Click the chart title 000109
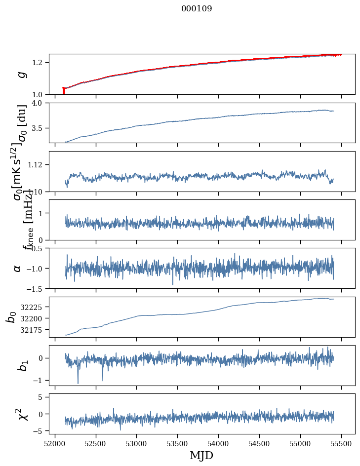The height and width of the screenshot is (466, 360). (x=197, y=9)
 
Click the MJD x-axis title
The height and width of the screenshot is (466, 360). (x=201, y=455)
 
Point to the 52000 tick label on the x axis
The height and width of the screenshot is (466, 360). (x=55, y=443)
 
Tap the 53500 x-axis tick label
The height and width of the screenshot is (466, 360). (x=178, y=443)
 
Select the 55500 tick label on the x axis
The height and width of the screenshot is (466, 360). (x=341, y=443)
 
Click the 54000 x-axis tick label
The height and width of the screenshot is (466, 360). (x=219, y=443)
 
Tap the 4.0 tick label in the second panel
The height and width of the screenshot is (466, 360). (x=40, y=103)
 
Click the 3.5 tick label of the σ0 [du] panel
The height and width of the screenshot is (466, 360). (x=40, y=128)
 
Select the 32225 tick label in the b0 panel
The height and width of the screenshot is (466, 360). (x=34, y=307)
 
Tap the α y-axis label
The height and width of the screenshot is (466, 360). (x=18, y=268)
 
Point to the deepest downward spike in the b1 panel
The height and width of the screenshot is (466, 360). (x=78, y=383)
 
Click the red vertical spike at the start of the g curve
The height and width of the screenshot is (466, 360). (x=64, y=91)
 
